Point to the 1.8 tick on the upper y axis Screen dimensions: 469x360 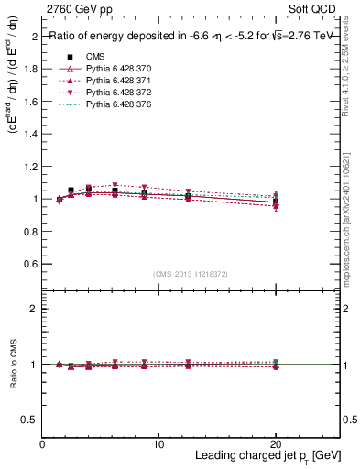coord(30,69)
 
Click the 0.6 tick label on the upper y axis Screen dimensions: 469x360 coord(30,264)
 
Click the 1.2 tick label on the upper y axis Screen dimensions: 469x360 coord(30,167)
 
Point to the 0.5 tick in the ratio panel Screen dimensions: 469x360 coord(30,420)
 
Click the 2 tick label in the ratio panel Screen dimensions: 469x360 coord(35,309)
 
